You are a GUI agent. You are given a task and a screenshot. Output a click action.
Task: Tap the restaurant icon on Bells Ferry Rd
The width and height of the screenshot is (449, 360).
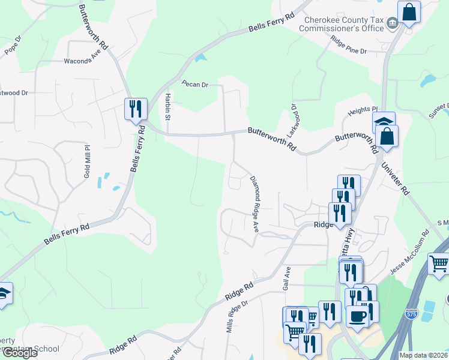point(136,109)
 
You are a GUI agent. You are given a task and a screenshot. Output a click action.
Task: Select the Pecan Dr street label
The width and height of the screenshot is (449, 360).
point(195,85)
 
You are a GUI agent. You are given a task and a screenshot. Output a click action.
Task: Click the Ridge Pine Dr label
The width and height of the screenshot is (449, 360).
point(348,46)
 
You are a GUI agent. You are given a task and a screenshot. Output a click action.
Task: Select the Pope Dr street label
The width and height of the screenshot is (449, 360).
point(13,46)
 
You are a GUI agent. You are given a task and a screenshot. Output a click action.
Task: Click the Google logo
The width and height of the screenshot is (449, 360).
point(19,353)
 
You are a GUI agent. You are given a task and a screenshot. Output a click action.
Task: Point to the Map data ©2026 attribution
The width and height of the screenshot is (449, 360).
point(423,355)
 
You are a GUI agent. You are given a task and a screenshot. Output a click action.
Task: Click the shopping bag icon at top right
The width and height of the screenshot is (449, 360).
point(409,11)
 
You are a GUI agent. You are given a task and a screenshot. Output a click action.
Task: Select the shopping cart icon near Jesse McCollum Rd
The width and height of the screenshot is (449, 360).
point(439,263)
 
